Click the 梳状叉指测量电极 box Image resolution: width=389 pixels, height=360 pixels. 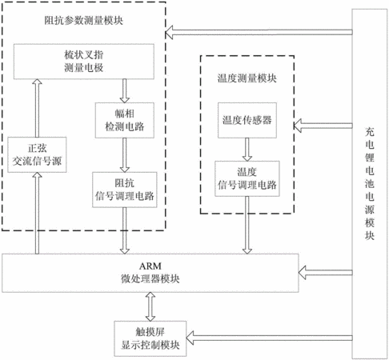coord(84,62)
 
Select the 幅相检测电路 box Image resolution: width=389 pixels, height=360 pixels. coord(125,120)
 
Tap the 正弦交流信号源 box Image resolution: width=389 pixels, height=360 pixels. coord(37,154)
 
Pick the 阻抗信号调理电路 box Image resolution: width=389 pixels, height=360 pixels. coord(125,190)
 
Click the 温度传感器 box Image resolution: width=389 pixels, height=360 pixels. coord(247,120)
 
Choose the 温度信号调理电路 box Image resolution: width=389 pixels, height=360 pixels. coord(247,178)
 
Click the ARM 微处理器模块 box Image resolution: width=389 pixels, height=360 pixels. coord(150,273)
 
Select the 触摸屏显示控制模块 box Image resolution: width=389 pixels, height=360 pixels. coord(150,338)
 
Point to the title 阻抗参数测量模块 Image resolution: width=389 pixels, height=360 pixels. coord(84,21)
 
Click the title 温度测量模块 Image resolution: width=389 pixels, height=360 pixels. coord(247,78)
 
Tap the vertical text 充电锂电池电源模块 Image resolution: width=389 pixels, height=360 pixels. coord(370,184)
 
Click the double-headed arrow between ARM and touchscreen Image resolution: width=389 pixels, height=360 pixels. coord(150,306)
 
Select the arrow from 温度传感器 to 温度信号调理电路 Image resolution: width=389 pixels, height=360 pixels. coord(247,150)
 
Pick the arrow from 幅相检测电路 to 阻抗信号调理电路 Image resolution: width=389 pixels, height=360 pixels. coord(125,155)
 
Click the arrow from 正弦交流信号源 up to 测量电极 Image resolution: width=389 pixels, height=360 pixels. coord(37,108)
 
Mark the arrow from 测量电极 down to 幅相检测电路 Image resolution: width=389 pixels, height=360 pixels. coord(125,91)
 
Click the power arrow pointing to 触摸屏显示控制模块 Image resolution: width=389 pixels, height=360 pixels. coord(269,338)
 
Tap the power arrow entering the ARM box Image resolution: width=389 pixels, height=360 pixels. coord(326,273)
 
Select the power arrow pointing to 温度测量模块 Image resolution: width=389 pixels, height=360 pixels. coord(323,126)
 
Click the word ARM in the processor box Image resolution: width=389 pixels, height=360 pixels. coord(150,266)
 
